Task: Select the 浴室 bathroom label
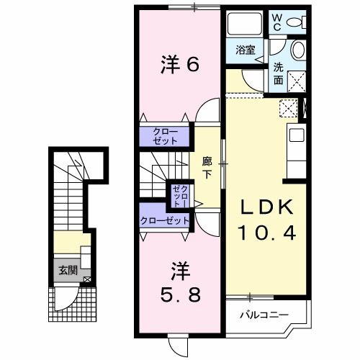tap(246, 50)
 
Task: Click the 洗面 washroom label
tap(278, 73)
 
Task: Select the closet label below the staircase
tap(165, 221)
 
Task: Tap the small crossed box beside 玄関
tap(87, 279)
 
